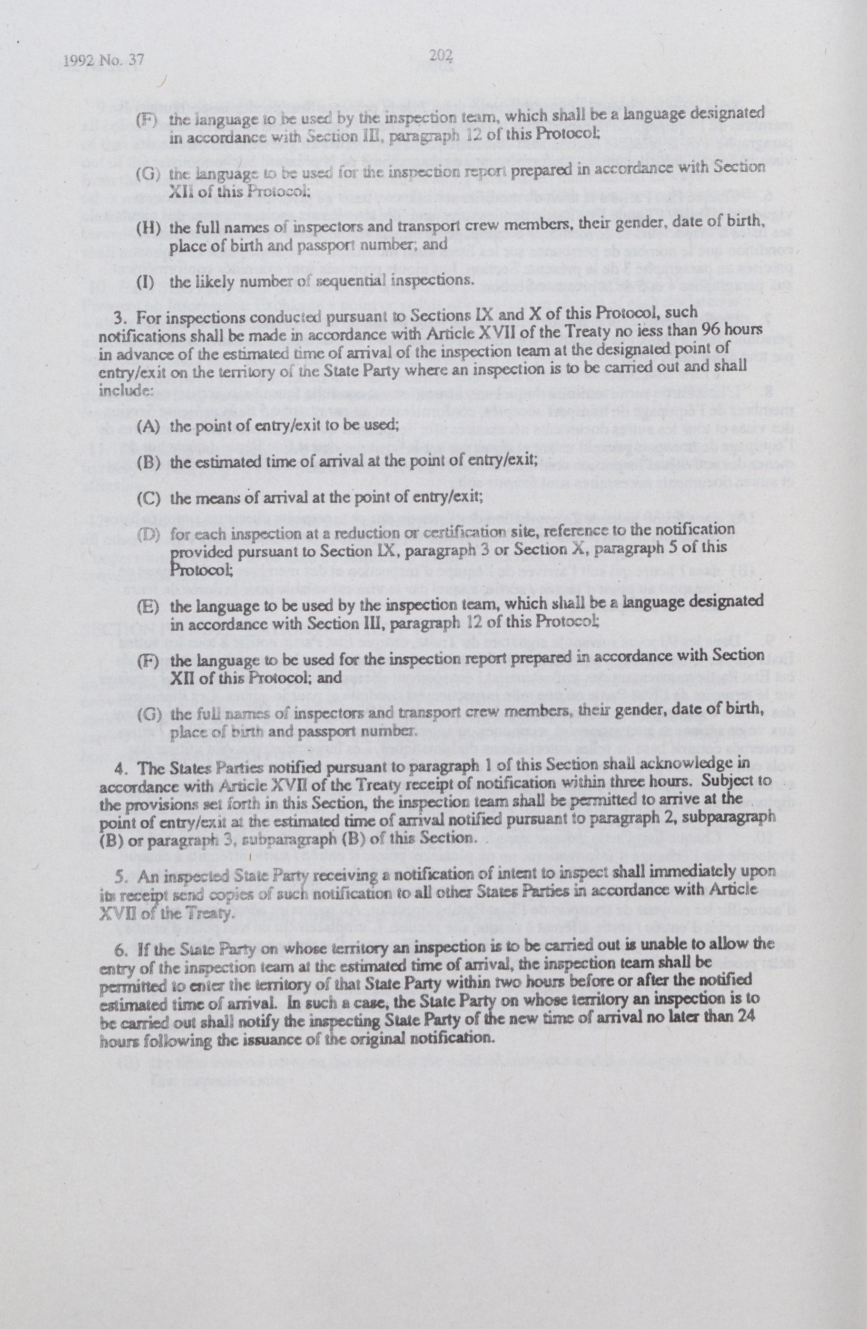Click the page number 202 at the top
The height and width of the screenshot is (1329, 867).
click(441, 56)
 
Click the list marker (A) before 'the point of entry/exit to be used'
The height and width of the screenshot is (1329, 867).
click(148, 426)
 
